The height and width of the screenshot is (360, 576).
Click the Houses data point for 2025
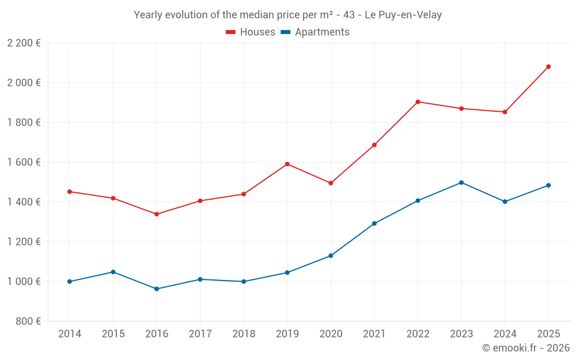point(548,67)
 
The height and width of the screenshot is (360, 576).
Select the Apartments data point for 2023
point(461,183)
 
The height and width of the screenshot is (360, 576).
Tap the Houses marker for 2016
point(157,214)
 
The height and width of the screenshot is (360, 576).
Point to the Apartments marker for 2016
point(157,289)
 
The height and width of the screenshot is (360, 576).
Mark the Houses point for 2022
point(418,102)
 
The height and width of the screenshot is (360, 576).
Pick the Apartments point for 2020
point(331,256)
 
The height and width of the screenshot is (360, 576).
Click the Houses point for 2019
point(287,164)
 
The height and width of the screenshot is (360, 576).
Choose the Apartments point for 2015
point(113,272)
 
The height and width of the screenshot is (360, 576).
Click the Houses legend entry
point(251,32)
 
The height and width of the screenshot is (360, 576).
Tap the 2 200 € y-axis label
point(24,43)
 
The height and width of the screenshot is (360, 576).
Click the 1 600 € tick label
point(24,162)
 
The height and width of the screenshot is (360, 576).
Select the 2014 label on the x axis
point(70,334)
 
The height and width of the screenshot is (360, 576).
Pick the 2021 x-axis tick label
point(374,334)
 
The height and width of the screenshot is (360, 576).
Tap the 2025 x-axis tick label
point(548,334)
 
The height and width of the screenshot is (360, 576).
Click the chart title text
point(287,15)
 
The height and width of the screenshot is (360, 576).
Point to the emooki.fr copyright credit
point(525,348)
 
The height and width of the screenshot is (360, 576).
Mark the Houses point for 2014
point(70,191)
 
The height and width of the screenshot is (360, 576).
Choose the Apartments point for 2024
point(505,202)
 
